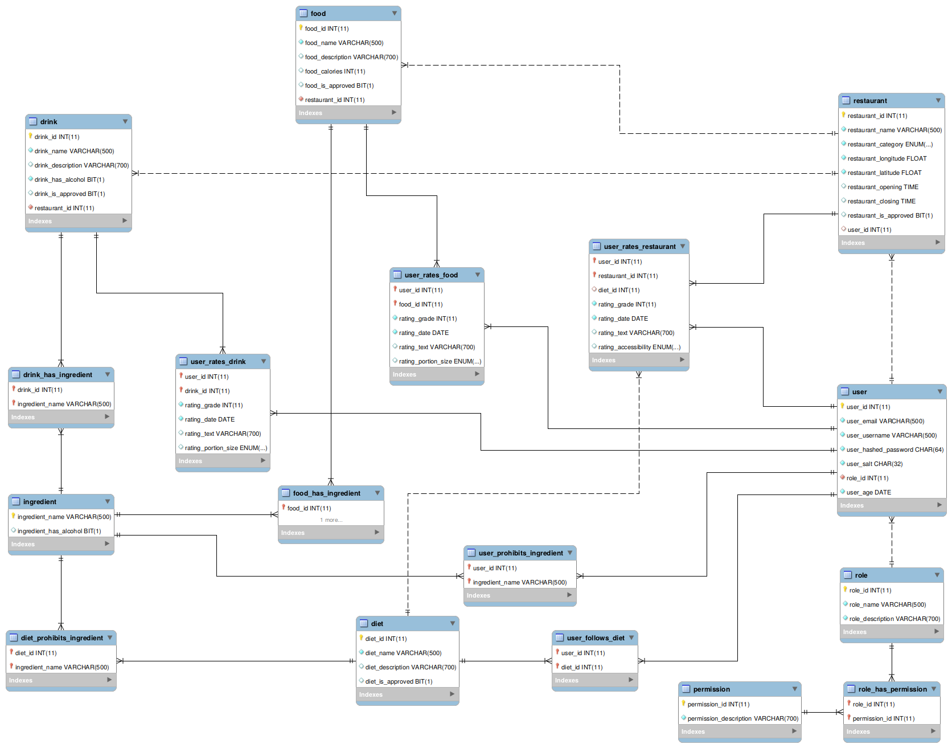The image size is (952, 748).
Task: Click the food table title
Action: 318,14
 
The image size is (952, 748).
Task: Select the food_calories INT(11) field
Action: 335,71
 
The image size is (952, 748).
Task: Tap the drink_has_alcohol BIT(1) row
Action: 69,179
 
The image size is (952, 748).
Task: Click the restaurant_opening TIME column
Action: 883,187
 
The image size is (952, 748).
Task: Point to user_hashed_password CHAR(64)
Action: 894,449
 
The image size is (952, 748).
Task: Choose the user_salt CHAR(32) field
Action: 874,464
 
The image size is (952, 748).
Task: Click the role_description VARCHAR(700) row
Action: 894,619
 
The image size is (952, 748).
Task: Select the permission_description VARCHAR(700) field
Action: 742,718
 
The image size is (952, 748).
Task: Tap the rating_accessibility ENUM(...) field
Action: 639,347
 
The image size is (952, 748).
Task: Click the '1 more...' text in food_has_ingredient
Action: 331,520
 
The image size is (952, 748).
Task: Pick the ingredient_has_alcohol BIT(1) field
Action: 59,531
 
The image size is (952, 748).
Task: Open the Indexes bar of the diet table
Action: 407,694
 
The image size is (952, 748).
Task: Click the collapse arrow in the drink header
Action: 125,121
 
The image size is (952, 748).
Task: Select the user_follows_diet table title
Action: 596,638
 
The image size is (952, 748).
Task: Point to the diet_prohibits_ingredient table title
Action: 62,638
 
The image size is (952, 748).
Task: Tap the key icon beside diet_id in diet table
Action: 361,638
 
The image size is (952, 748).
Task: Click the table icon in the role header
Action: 848,575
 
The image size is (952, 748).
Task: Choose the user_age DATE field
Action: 868,492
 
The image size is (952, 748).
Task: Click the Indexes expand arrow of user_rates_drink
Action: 263,460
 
